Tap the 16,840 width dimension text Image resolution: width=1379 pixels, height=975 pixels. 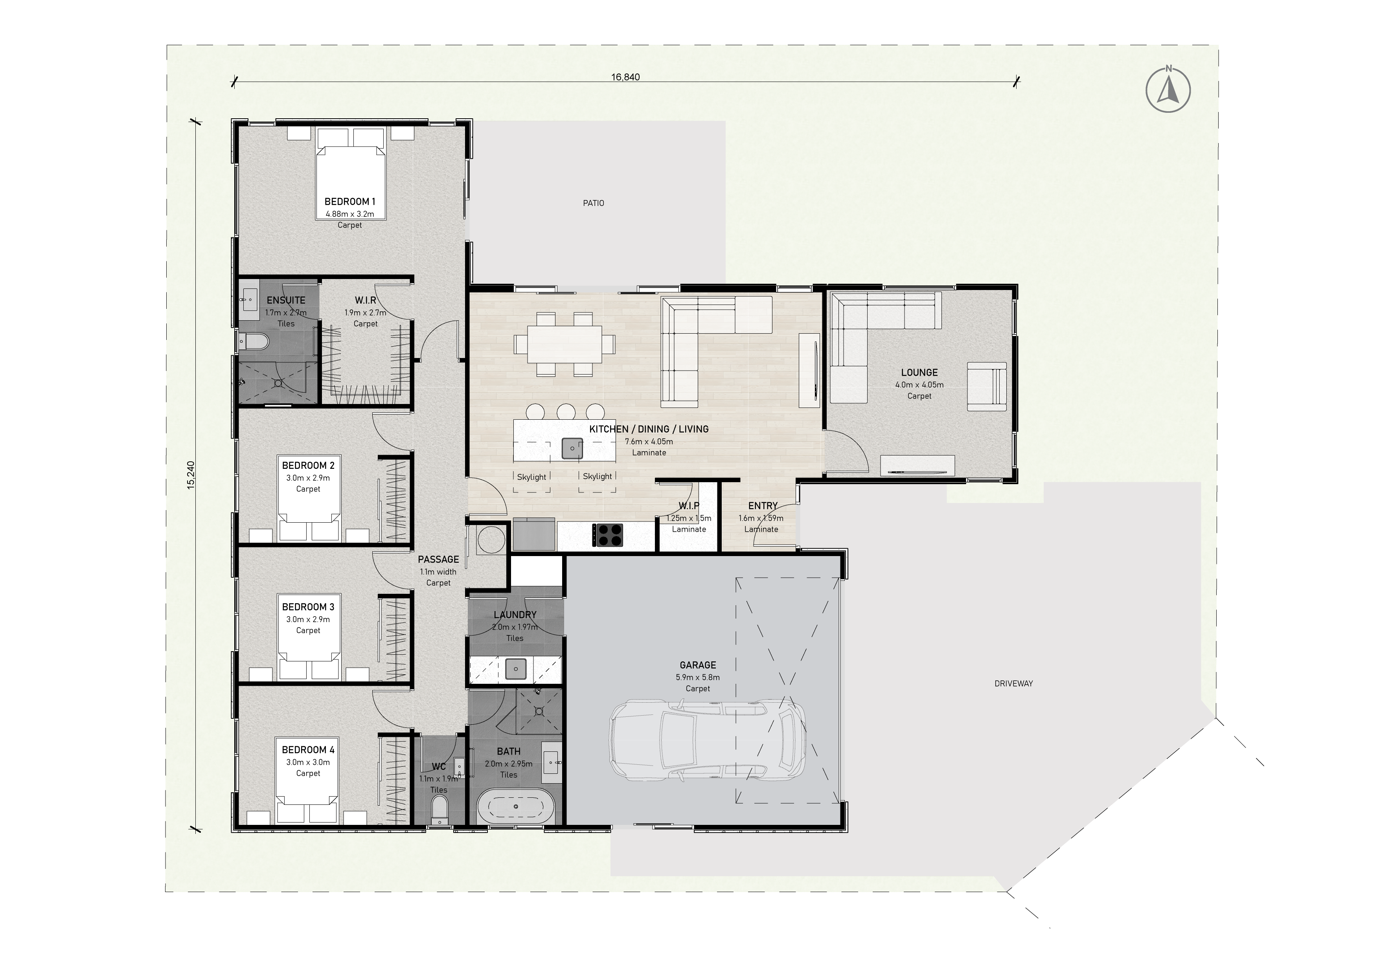pos(625,77)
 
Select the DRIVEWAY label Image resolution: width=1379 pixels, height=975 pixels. pos(1014,683)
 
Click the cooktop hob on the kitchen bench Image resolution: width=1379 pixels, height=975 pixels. pos(608,535)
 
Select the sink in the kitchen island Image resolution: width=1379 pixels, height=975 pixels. pos(572,448)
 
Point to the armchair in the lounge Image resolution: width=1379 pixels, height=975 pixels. pos(987,386)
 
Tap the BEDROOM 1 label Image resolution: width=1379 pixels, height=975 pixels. pos(349,202)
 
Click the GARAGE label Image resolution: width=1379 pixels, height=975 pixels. pos(698,665)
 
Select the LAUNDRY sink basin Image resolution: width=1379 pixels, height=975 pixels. pos(515,668)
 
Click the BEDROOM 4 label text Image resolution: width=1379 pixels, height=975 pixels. pos(308,750)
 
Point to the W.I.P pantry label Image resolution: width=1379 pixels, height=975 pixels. pos(689,506)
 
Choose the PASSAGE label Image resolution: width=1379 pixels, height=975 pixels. pos(438,560)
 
